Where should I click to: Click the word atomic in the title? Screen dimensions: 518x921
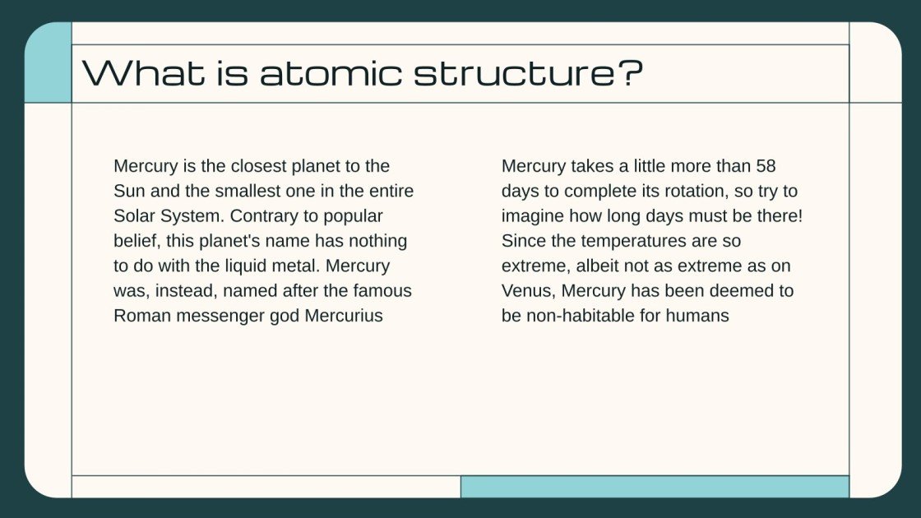(x=331, y=73)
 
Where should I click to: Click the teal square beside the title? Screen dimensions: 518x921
(x=49, y=62)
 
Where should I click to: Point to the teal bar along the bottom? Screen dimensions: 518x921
(x=655, y=486)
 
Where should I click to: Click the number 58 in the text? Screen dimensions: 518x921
(x=765, y=166)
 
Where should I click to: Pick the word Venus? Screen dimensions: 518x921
(x=528, y=291)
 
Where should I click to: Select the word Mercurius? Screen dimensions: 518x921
(x=344, y=316)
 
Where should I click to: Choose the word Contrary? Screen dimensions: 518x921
(x=265, y=216)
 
